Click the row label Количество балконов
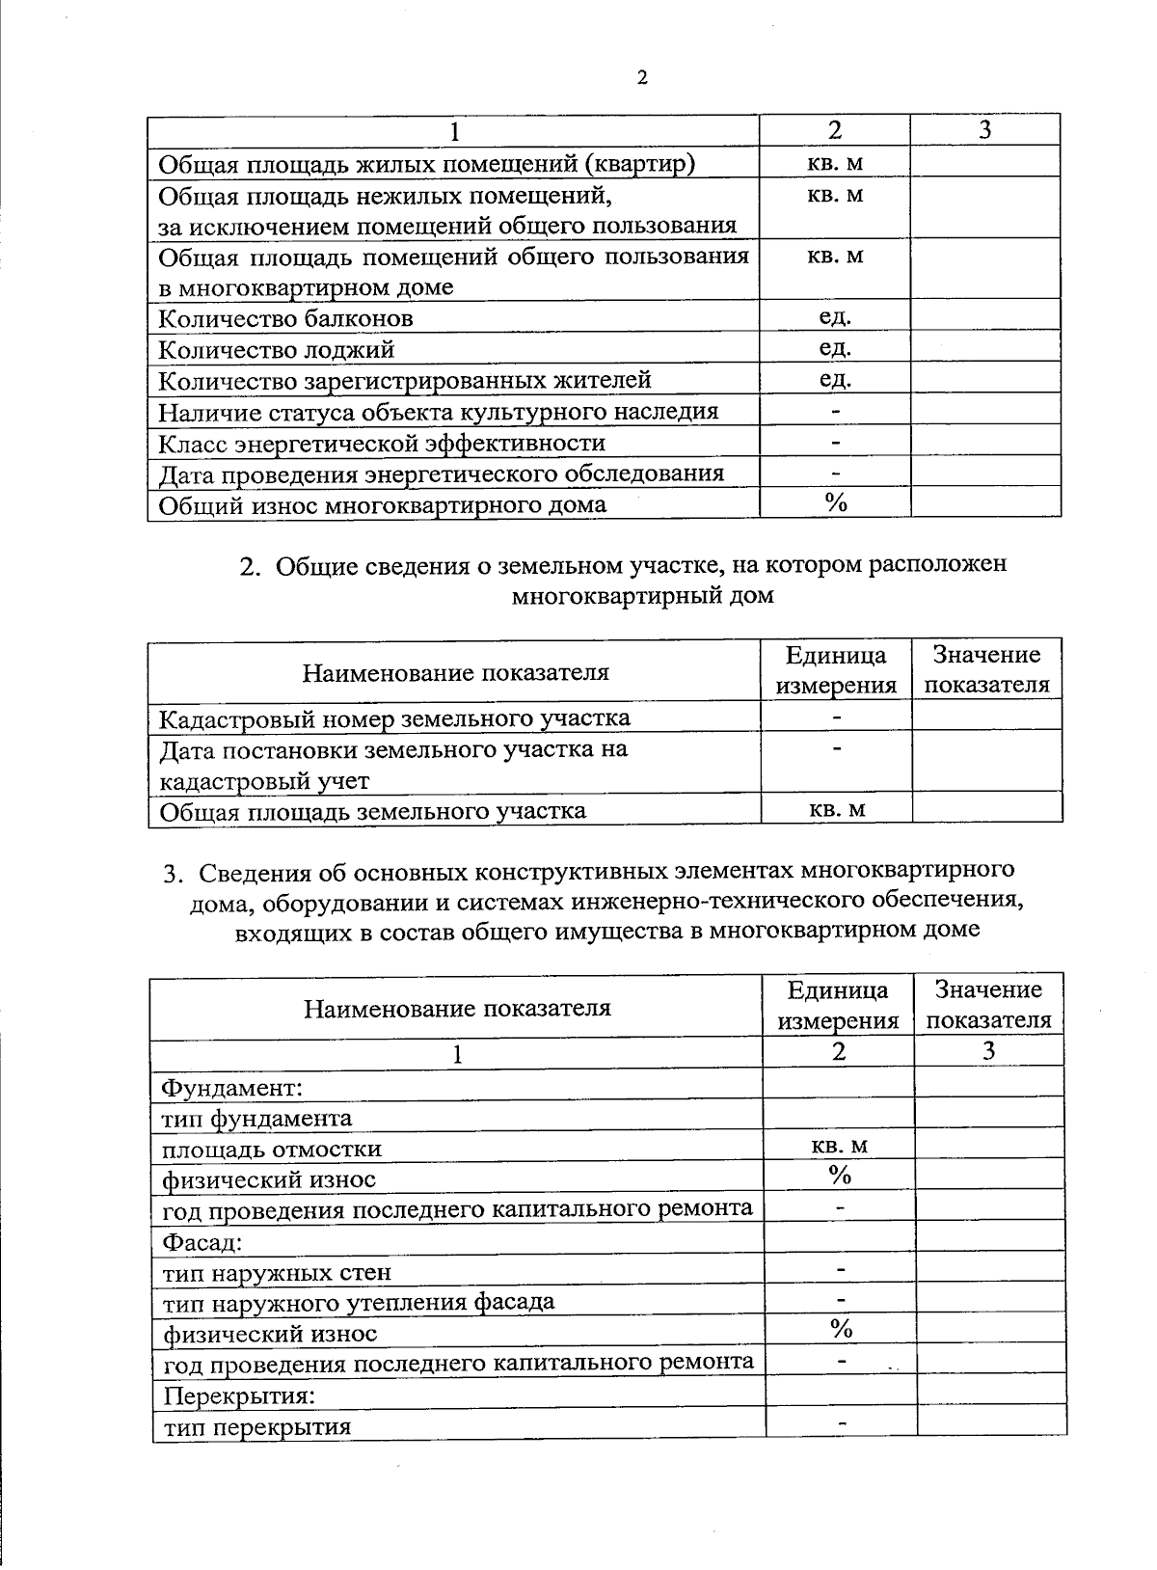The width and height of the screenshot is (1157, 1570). (x=285, y=318)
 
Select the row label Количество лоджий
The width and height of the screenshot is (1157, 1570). (x=276, y=349)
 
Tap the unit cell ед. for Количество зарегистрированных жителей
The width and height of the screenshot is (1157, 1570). (x=835, y=380)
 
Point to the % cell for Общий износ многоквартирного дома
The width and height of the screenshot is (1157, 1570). (x=835, y=503)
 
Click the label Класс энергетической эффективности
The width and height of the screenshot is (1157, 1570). (x=382, y=443)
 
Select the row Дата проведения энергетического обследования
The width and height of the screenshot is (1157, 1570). (x=441, y=474)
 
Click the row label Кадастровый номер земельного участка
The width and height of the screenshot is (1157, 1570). (x=394, y=718)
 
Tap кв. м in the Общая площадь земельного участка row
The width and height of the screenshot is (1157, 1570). (x=836, y=809)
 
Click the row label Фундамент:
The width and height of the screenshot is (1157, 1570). (x=232, y=1088)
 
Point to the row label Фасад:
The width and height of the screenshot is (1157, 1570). (x=202, y=1241)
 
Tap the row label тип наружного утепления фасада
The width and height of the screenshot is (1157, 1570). (x=359, y=1303)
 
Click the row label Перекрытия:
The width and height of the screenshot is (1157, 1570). (x=239, y=1395)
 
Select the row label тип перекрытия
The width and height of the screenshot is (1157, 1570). (x=256, y=1426)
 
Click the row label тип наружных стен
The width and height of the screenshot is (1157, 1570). (x=277, y=1272)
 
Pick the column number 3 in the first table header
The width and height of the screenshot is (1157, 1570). (x=984, y=130)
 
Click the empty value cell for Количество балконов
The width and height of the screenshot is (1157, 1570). (x=985, y=317)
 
